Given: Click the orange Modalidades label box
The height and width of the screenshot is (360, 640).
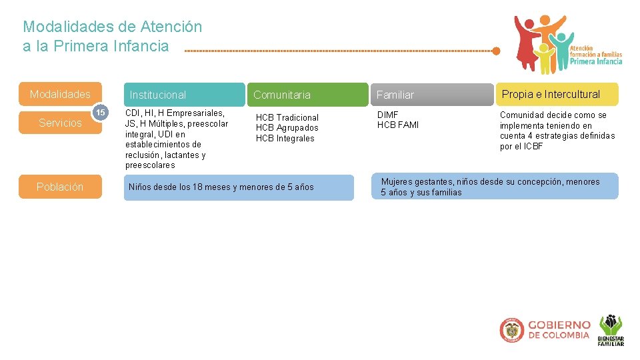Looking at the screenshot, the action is click(x=60, y=94).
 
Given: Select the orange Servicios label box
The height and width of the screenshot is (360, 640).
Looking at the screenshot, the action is click(x=60, y=123).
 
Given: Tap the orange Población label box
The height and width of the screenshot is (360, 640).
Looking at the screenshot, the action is click(x=60, y=187).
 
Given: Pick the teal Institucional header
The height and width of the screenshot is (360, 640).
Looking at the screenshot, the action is click(x=184, y=95).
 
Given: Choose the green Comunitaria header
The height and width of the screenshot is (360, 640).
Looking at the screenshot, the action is click(x=307, y=95).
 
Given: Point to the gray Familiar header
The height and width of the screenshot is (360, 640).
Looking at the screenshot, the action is click(x=432, y=95).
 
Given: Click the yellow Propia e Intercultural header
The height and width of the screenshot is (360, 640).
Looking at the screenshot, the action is click(x=556, y=94).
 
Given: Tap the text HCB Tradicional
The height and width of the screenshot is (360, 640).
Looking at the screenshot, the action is click(x=287, y=117).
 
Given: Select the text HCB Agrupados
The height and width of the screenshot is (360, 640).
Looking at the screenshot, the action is click(x=287, y=128).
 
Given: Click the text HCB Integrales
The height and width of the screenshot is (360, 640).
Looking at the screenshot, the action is click(x=285, y=139).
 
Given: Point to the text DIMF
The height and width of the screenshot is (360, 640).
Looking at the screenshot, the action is click(x=388, y=115).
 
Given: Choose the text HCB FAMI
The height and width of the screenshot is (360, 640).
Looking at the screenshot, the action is click(x=398, y=125).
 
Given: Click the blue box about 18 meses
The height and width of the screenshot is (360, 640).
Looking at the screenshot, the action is click(x=239, y=187).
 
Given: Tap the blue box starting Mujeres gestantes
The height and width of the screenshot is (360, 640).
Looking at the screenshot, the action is click(x=495, y=187).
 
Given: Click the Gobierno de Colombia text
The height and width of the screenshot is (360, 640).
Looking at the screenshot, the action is click(x=559, y=330).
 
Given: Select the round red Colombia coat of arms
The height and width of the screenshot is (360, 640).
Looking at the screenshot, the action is click(x=511, y=330).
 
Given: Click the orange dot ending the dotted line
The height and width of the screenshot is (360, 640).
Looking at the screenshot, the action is click(x=496, y=50).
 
